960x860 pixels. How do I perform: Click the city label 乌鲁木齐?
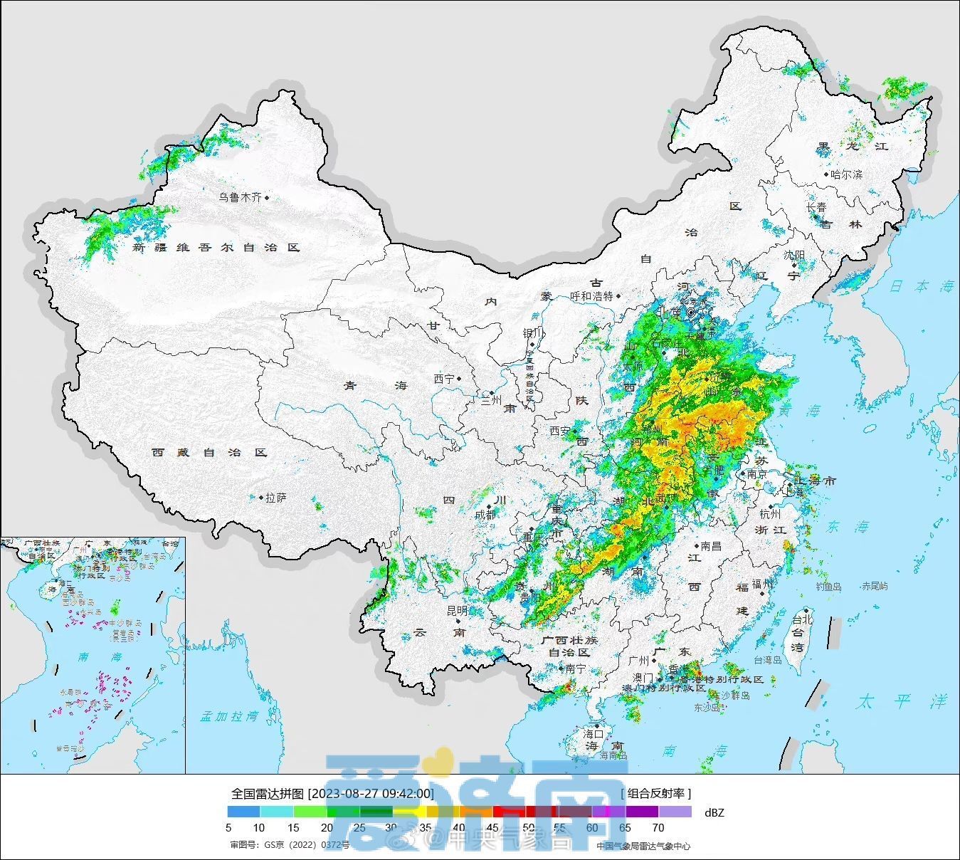tap(240, 197)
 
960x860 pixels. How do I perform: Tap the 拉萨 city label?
tap(275, 498)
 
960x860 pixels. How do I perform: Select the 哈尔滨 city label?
tap(846, 174)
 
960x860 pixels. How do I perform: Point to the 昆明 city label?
tap(457, 611)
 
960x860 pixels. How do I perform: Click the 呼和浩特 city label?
tap(591, 296)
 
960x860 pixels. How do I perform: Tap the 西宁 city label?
tap(443, 379)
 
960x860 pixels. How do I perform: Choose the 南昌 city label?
tap(711, 546)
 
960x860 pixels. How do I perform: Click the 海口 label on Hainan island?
tap(594, 733)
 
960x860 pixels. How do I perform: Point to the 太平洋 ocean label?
tap(902, 701)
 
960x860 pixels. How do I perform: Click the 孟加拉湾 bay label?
tap(229, 716)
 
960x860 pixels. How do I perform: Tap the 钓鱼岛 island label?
tap(828, 587)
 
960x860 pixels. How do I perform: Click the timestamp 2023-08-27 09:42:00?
tap(371, 794)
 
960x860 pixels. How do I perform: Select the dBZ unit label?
tap(714, 812)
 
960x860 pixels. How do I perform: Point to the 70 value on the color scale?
tap(658, 827)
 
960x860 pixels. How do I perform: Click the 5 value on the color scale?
tap(228, 827)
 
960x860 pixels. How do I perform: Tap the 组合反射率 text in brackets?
tap(655, 793)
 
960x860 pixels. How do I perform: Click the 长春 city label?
tap(816, 207)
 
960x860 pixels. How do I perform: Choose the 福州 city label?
tap(762, 584)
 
